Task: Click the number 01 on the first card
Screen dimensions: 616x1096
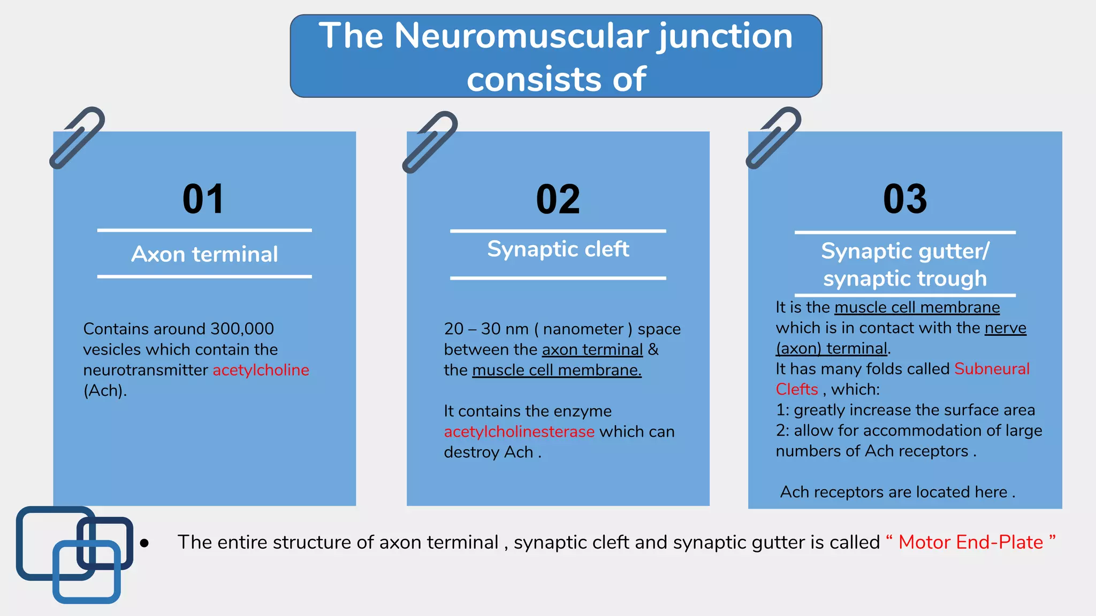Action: click(203, 199)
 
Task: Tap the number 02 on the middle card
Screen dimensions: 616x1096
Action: click(558, 200)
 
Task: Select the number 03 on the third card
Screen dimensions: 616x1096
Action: click(905, 199)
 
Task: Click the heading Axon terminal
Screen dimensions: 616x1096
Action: click(204, 255)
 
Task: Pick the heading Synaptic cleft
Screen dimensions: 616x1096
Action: click(558, 249)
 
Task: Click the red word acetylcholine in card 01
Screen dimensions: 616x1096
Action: click(261, 370)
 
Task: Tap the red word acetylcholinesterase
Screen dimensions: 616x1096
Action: click(519, 432)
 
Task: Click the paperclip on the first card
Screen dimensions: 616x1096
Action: click(77, 138)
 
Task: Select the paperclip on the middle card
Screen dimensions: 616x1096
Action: click(430, 142)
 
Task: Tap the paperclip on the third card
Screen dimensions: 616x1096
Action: click(773, 138)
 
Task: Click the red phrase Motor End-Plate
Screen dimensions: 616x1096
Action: click(970, 542)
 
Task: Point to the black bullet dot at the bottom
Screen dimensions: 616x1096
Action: click(144, 543)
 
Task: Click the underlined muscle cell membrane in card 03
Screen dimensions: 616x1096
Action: click(917, 307)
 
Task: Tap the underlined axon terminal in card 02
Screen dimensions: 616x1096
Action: click(592, 350)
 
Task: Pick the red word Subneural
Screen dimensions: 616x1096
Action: click(992, 369)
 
